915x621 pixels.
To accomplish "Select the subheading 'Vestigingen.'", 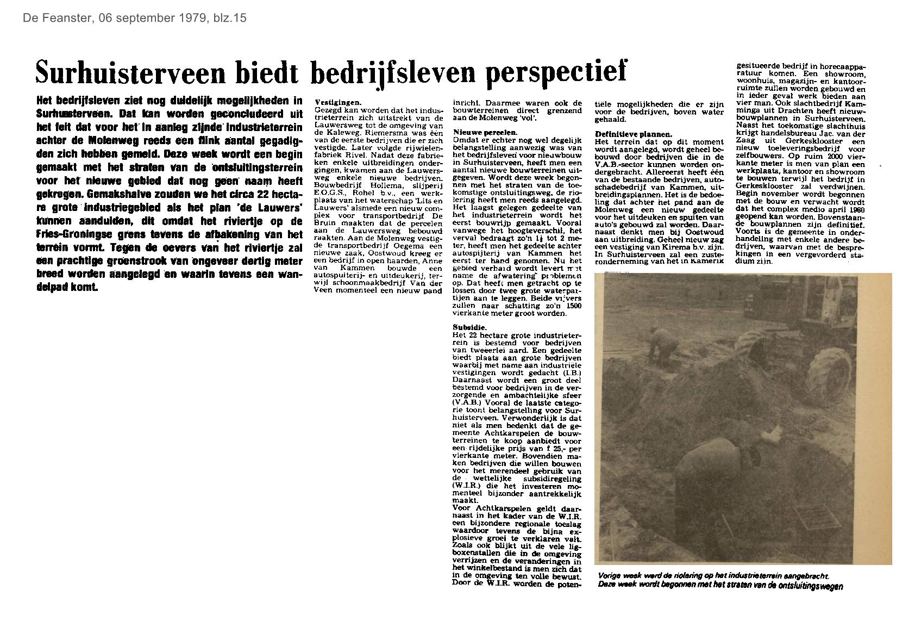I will tap(338, 102).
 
